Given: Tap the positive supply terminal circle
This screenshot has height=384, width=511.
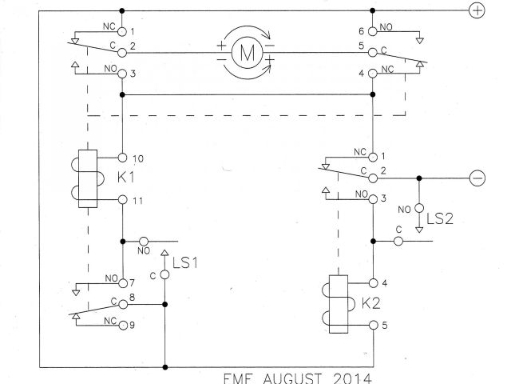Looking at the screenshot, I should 477,10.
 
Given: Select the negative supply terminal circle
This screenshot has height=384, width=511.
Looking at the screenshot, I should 477,178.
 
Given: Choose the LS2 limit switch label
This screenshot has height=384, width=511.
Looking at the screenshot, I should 441,218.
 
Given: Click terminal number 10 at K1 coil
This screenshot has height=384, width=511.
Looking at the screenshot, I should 138,158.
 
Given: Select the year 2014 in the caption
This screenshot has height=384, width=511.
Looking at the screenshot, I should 350,376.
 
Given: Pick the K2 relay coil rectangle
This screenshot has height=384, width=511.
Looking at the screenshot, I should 338,304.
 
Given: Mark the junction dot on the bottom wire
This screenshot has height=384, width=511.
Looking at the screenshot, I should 164,367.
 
